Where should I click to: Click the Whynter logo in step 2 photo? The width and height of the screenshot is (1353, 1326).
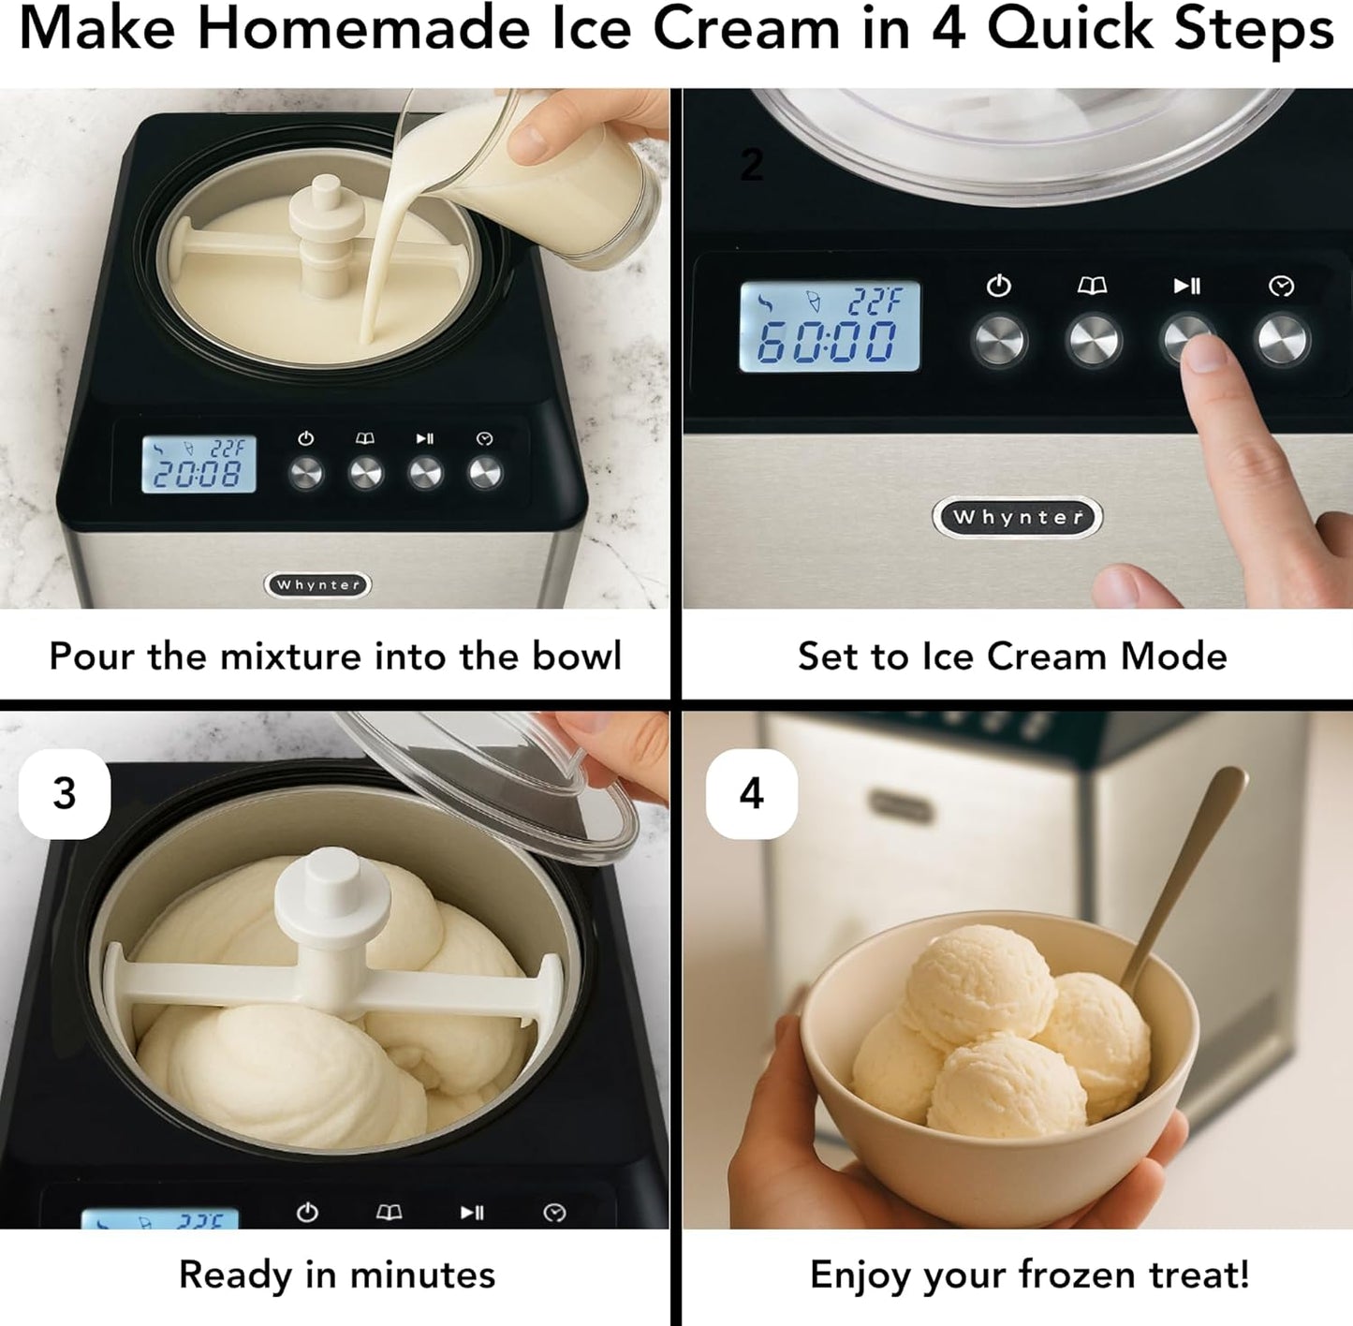tap(1018, 518)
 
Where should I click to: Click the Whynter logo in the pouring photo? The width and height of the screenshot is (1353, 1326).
tap(318, 585)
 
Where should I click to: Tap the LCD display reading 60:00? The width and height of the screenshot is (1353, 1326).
tap(830, 327)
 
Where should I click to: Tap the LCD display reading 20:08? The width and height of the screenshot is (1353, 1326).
tap(199, 465)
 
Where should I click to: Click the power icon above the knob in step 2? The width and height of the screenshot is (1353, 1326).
tap(999, 286)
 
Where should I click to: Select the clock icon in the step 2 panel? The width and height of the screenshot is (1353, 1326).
tap(1281, 287)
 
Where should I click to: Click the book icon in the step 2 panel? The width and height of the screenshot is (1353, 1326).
tap(1092, 286)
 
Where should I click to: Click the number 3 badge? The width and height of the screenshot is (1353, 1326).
tap(65, 794)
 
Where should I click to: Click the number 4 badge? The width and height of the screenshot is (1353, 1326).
tap(751, 794)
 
